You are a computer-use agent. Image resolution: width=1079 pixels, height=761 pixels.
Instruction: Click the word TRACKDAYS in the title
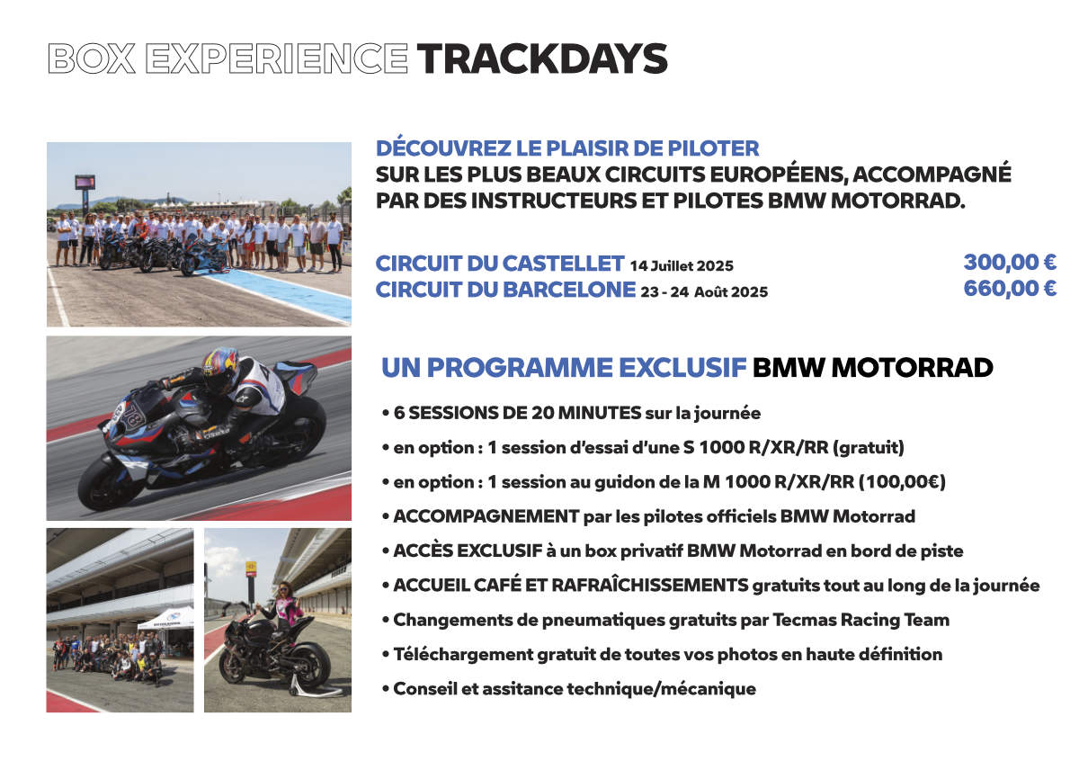click(542, 58)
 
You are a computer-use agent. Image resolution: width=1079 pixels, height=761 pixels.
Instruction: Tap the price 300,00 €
click(1010, 263)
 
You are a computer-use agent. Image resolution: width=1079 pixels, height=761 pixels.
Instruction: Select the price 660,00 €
click(1010, 289)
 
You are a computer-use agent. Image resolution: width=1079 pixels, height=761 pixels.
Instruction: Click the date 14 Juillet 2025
click(682, 265)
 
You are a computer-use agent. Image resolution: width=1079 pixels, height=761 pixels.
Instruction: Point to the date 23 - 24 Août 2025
click(704, 292)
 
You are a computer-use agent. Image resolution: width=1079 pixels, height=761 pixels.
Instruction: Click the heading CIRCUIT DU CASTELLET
click(500, 264)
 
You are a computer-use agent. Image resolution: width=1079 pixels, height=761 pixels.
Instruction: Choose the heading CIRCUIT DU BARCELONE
click(505, 290)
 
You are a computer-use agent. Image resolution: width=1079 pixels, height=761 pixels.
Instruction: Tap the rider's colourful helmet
click(220, 369)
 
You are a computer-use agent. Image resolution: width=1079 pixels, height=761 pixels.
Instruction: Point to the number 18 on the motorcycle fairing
click(131, 415)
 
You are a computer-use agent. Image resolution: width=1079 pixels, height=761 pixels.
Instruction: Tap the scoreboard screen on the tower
click(85, 183)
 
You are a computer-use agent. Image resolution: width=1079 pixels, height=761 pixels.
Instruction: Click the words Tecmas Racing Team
click(861, 620)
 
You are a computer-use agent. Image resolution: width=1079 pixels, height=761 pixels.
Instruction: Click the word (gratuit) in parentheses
click(869, 448)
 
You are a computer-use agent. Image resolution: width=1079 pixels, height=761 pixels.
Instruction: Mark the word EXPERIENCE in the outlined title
click(277, 58)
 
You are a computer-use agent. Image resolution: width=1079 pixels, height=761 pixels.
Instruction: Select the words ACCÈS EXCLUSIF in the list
click(468, 551)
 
